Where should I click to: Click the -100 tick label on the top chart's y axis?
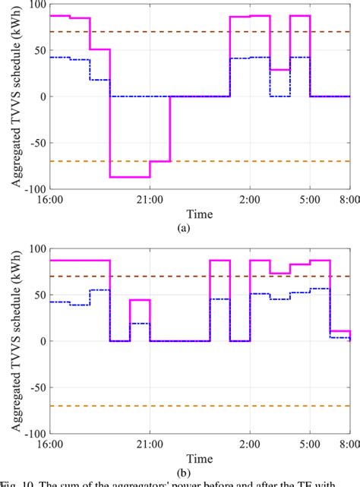click(x=33, y=189)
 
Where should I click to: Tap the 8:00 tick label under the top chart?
click(x=349, y=200)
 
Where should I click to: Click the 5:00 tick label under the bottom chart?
click(x=309, y=445)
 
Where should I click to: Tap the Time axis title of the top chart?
click(x=200, y=213)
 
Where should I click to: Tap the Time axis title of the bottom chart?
click(x=200, y=459)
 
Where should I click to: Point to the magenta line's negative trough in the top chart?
click(x=130, y=177)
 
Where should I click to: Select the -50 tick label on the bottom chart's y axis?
click(x=36, y=387)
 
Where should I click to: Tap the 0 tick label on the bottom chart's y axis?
click(x=43, y=341)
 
